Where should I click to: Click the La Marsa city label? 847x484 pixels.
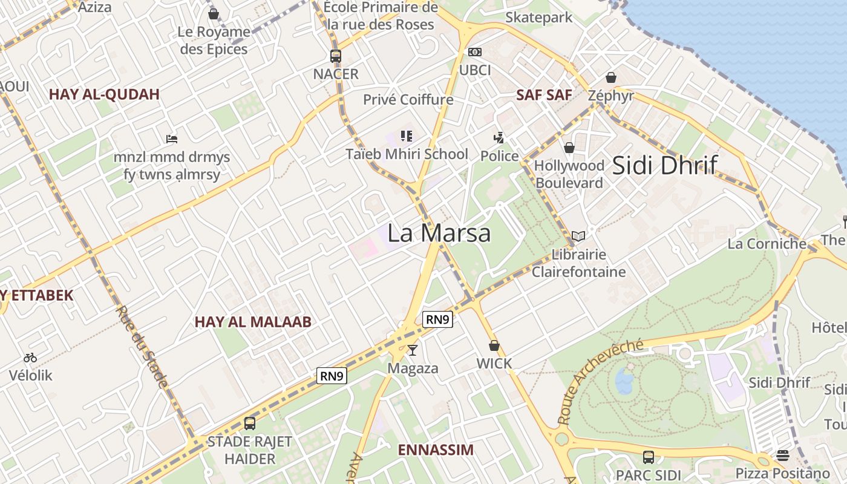(x=439, y=233)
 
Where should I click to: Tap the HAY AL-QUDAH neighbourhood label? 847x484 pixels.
(x=104, y=94)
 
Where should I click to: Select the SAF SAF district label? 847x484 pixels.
(x=544, y=95)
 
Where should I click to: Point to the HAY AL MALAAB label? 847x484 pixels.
(x=253, y=322)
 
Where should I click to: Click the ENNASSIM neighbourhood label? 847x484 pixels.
(x=436, y=450)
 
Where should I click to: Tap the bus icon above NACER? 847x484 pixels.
(x=336, y=56)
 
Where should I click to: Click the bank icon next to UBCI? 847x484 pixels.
(x=475, y=53)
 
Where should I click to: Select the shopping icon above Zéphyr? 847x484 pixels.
(x=611, y=78)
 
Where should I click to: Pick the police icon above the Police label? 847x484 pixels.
(x=499, y=138)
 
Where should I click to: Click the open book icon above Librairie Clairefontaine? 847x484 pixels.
(x=578, y=237)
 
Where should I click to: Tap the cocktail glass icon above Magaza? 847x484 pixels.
(x=413, y=350)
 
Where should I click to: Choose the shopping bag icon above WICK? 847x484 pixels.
(x=494, y=346)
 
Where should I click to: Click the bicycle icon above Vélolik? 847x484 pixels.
(x=30, y=358)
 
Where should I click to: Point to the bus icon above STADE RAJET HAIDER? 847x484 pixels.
(x=250, y=423)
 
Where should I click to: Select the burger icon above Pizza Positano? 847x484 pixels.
(x=783, y=455)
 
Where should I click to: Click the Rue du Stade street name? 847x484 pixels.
(x=141, y=346)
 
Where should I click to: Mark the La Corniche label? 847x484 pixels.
(x=767, y=244)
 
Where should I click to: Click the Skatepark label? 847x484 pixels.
(x=538, y=18)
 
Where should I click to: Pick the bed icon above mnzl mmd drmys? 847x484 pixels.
(x=172, y=139)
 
